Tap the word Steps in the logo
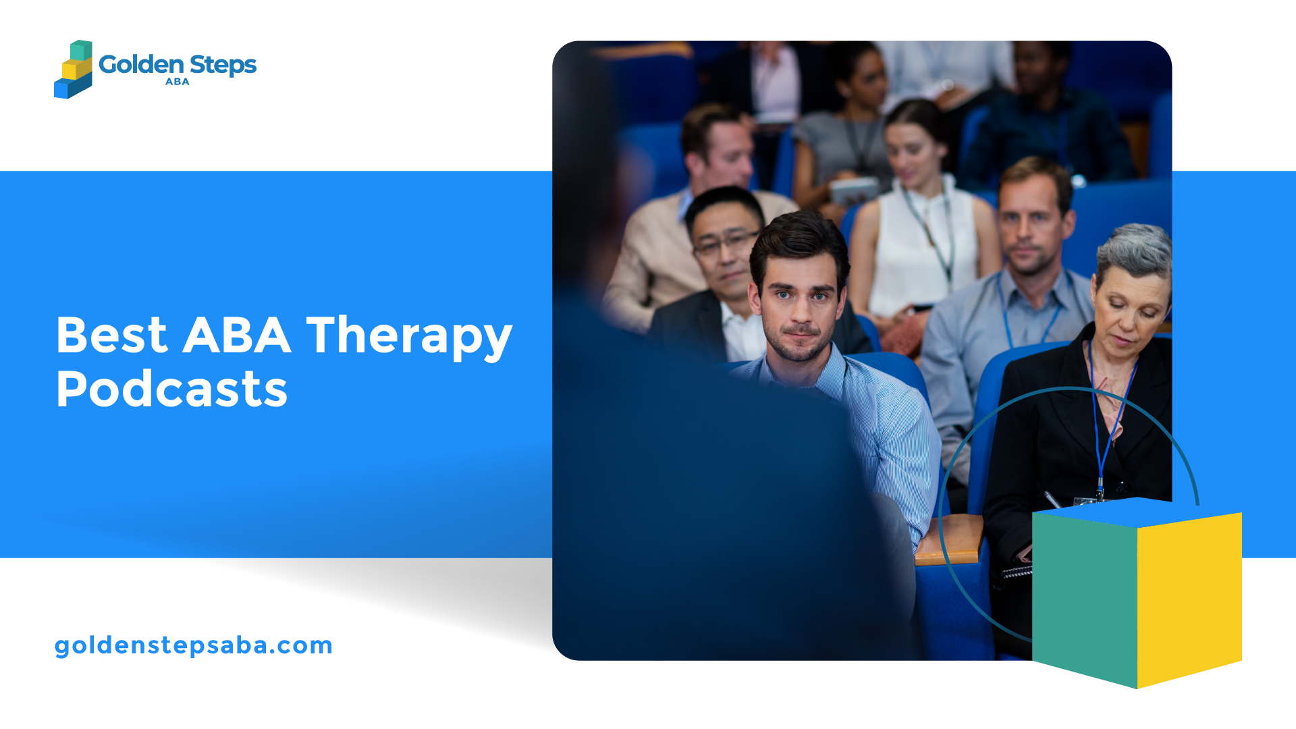point(223,65)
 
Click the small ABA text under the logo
point(178,82)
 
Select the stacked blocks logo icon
point(73,69)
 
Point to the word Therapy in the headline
point(410,337)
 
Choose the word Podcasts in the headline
point(172,389)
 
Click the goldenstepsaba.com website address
point(194,645)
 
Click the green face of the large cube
point(1085,597)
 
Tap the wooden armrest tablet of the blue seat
point(948,540)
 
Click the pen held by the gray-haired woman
point(1052,500)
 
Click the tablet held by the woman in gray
point(853,191)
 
